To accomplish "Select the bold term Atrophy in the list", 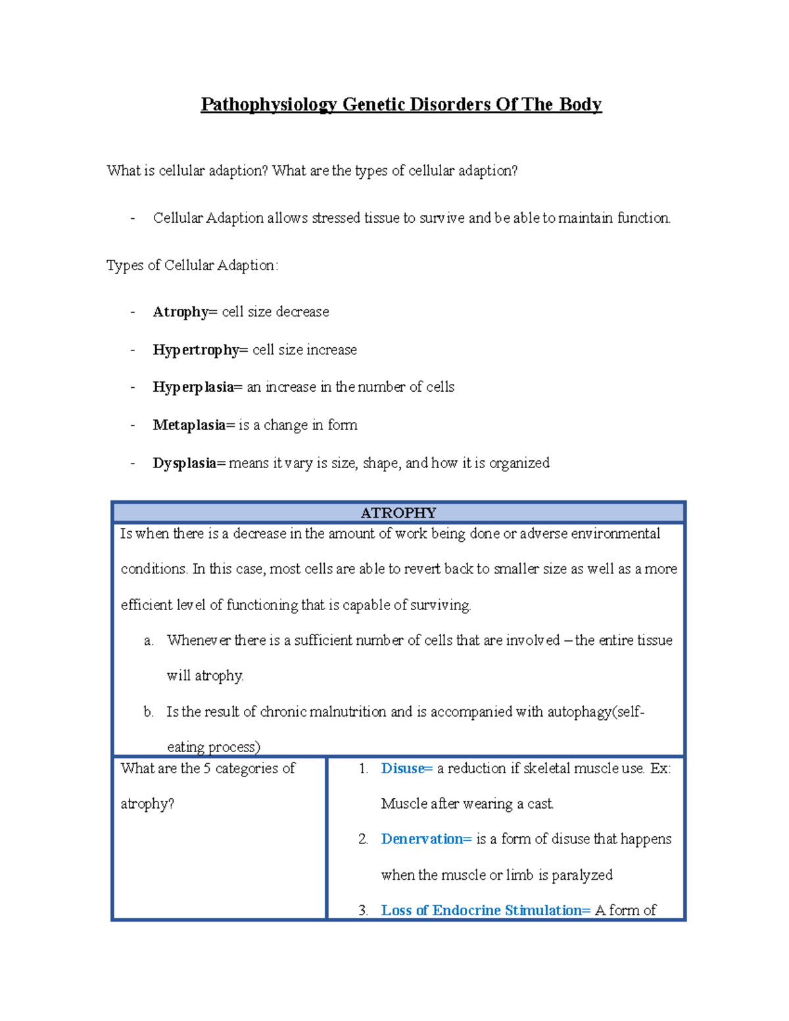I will click(180, 312).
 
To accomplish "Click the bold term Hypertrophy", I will click(196, 350).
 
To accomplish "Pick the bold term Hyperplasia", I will click(193, 387).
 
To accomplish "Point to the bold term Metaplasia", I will click(189, 425).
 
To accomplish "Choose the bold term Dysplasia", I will click(184, 463).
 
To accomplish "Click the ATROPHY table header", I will click(398, 513).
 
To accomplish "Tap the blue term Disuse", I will click(403, 769).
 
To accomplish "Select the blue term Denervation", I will click(422, 840).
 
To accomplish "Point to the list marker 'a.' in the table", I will click(149, 641).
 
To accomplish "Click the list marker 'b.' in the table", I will click(149, 712).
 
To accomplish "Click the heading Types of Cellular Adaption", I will click(192, 266).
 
